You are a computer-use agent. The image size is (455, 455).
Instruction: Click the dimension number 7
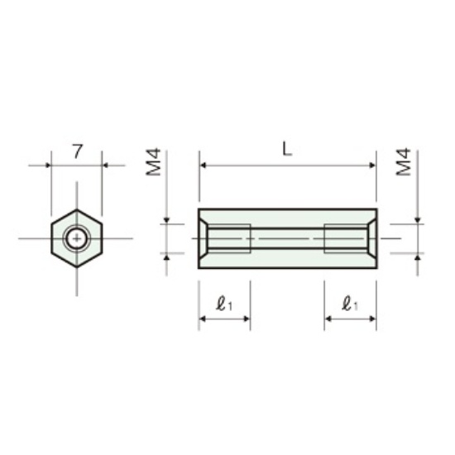coord(77,151)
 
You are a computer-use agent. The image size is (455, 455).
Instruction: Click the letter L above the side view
coord(287,150)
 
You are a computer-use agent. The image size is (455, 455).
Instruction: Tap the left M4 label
coord(153,162)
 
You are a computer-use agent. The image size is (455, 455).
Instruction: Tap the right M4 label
coord(404,162)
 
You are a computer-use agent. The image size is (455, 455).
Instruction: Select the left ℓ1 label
coord(224,304)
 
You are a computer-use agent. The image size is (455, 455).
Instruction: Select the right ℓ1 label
coord(350,304)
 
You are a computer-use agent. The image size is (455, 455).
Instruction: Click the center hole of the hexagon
coord(77,238)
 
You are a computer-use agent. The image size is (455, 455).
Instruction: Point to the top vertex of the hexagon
coord(77,209)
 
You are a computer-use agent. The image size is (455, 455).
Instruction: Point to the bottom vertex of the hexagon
coord(77,266)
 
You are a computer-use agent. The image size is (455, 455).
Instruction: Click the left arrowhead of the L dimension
coord(203,165)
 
